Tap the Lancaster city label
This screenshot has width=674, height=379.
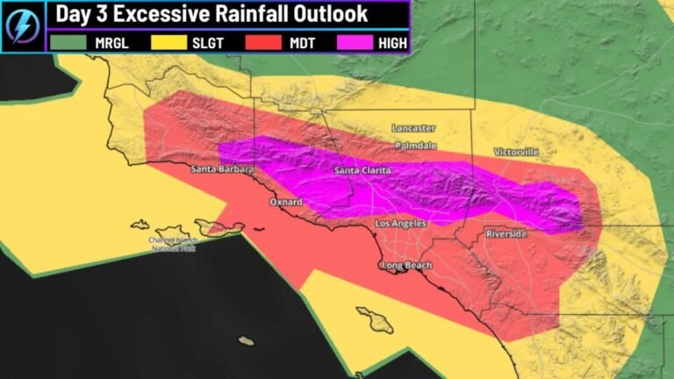click(x=413, y=128)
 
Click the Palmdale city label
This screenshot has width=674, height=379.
click(x=415, y=144)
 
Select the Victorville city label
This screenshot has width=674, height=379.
click(x=516, y=152)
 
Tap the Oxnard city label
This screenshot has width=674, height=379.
click(x=285, y=202)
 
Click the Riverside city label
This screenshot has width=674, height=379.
click(x=506, y=234)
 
